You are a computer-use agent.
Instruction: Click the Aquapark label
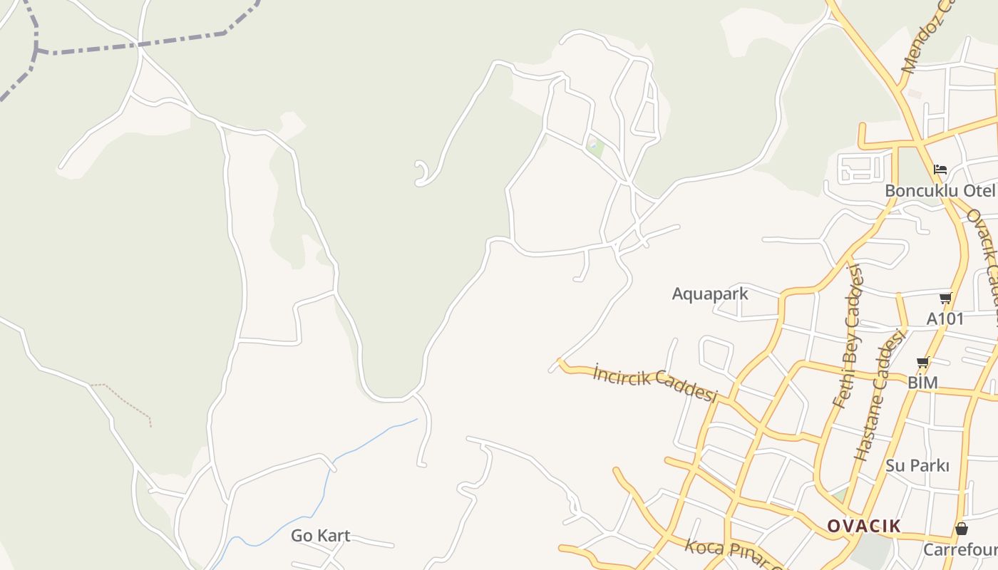[710, 294]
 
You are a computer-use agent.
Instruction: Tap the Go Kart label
[320, 536]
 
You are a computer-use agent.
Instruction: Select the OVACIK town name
[863, 527]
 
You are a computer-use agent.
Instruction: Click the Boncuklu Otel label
[939, 191]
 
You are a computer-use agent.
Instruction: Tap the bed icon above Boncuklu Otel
[940, 170]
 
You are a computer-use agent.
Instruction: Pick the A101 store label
[945, 318]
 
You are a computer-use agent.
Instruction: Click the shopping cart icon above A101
[945, 298]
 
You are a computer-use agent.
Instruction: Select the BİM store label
[922, 383]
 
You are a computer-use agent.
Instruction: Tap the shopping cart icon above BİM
[923, 363]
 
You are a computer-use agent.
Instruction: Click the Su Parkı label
[917, 466]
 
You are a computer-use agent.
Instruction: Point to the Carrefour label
[960, 550]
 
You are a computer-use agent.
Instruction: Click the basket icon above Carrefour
[961, 529]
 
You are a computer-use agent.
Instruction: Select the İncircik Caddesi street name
[654, 384]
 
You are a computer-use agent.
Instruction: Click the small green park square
[594, 147]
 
